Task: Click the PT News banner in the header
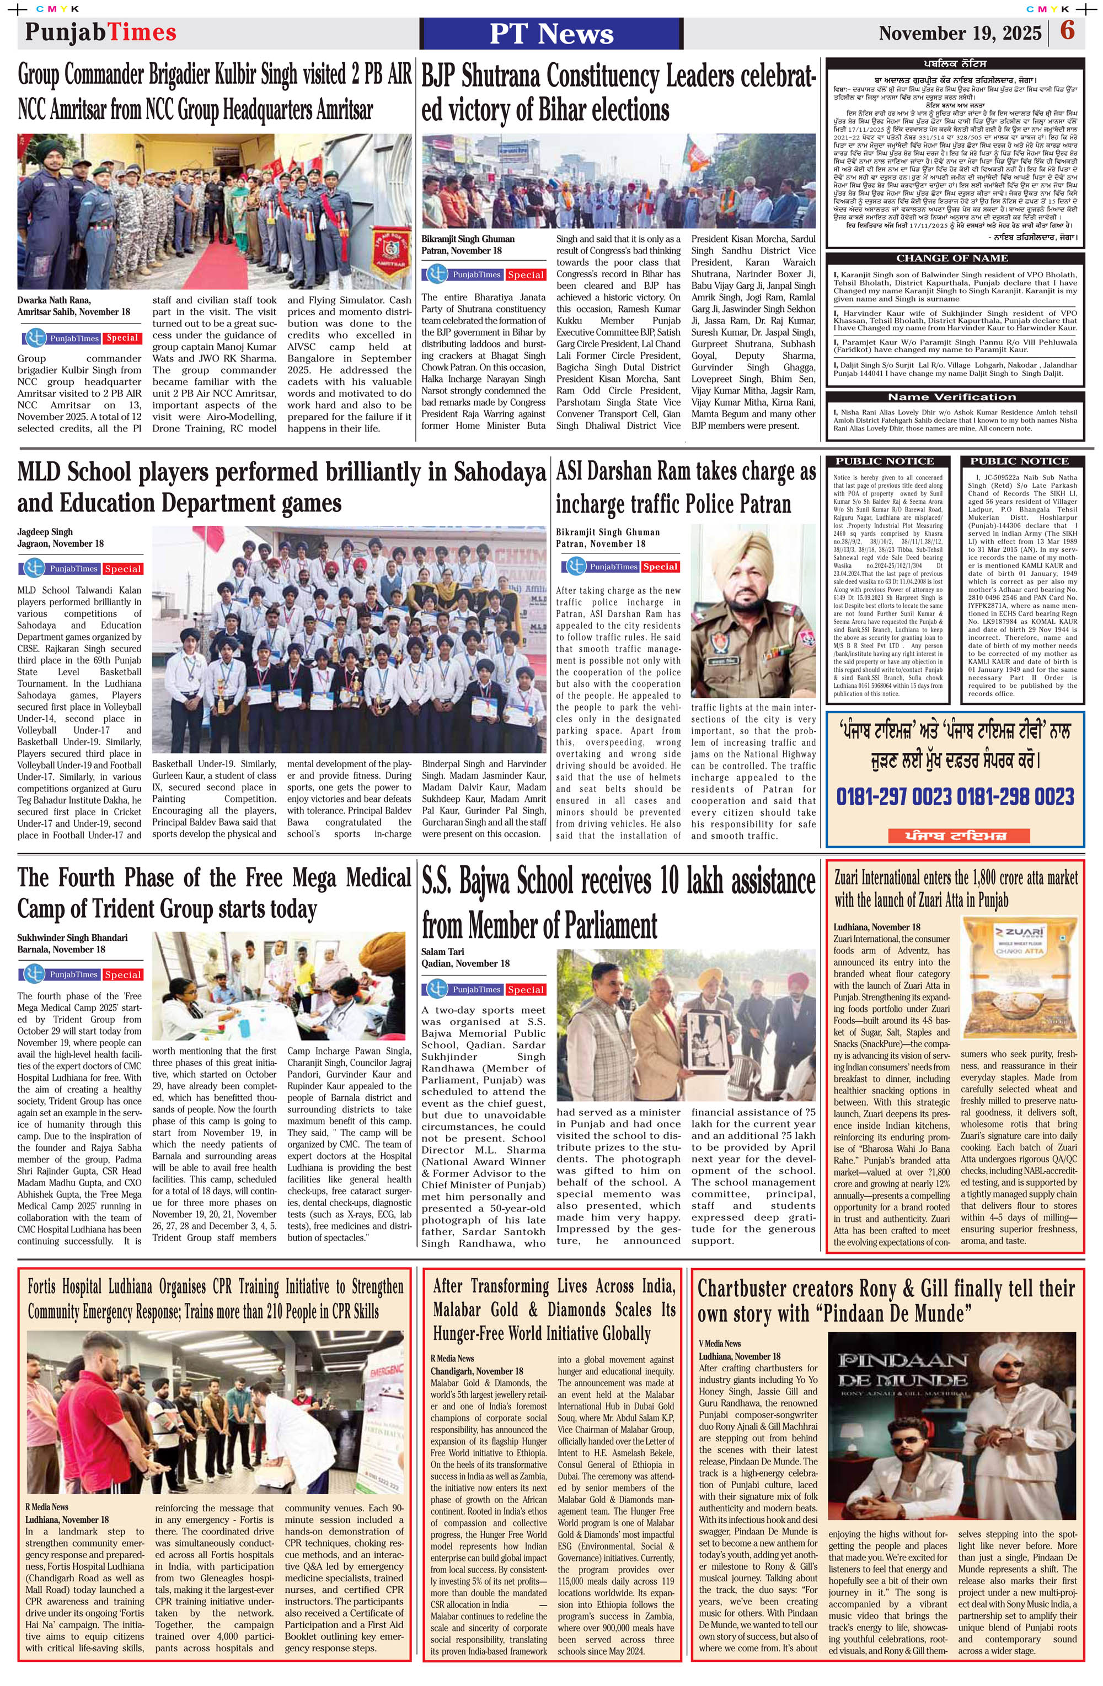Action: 551,33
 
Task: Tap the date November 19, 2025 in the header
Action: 960,33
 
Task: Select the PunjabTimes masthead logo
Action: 100,33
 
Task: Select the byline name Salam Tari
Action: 443,951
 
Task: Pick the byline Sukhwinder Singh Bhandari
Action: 72,937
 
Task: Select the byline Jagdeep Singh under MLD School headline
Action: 45,531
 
